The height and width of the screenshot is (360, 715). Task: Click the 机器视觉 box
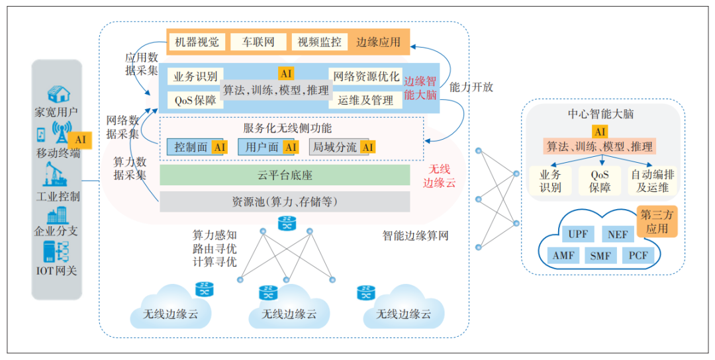pyautogui.click(x=197, y=42)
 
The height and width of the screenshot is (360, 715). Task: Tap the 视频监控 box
pyautogui.click(x=319, y=42)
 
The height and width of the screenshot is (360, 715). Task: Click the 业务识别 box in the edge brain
pyautogui.click(x=195, y=76)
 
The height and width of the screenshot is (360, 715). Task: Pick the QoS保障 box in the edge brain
pyautogui.click(x=195, y=100)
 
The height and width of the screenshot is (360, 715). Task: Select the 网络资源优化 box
pyautogui.click(x=366, y=76)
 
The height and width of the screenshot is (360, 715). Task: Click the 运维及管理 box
pyautogui.click(x=366, y=100)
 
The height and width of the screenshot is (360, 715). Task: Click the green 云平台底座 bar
pyautogui.click(x=285, y=175)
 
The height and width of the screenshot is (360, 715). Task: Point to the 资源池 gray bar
pyautogui.click(x=285, y=201)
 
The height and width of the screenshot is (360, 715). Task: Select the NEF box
pyautogui.click(x=618, y=234)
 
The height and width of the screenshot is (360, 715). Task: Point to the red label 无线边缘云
pyautogui.click(x=439, y=175)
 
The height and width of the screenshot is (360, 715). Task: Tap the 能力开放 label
pyautogui.click(x=471, y=87)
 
